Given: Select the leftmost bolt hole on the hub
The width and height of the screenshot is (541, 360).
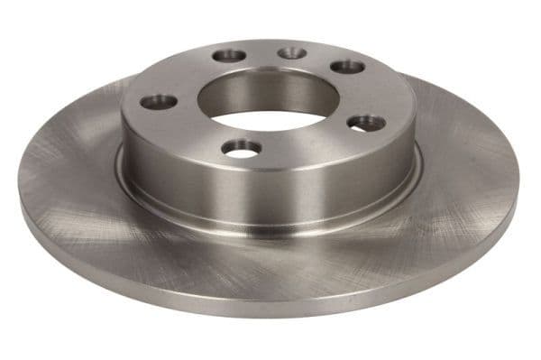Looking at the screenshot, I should click(x=160, y=101).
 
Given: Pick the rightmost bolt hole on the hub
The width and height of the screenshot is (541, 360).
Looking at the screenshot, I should click(x=366, y=122).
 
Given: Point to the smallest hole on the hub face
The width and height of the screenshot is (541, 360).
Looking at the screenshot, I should click(x=291, y=53).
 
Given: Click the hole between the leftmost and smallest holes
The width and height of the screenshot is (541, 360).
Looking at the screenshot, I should click(x=230, y=56).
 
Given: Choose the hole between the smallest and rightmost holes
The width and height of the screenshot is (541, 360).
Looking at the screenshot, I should click(x=347, y=67).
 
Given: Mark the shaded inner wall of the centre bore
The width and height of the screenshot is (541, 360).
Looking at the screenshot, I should click(x=261, y=90).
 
